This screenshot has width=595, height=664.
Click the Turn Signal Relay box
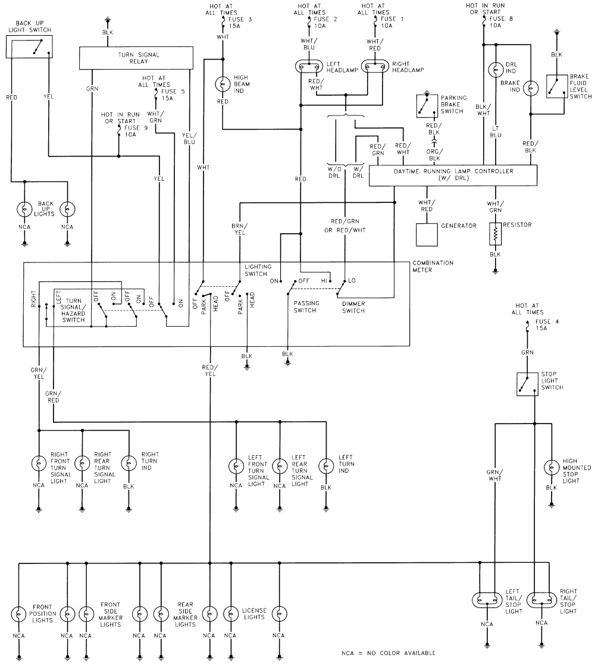[137, 58]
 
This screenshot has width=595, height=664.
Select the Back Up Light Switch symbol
[28, 46]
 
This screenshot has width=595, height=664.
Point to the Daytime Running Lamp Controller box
[453, 176]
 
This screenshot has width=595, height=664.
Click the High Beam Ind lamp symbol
[223, 83]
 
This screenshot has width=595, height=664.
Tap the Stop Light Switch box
[525, 384]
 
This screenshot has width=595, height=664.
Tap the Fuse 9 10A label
[129, 131]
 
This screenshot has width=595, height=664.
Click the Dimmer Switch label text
[353, 306]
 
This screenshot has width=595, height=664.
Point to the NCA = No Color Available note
[384, 653]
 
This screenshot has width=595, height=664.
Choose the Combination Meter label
[433, 265]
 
